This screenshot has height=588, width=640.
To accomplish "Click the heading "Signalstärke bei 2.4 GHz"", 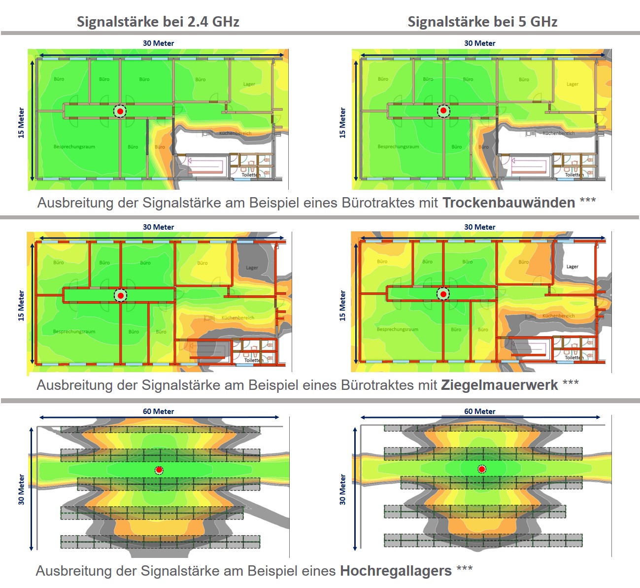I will point(158,22).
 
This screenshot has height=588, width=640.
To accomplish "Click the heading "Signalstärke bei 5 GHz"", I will point(482,22).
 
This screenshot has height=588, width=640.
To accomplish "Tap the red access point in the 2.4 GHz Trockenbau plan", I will point(120,111).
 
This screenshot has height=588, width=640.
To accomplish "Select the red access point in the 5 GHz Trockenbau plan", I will point(443,111).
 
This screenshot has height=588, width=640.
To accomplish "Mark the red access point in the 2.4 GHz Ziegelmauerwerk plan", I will point(120,295).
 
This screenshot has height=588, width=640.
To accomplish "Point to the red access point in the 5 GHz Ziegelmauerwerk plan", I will point(443,294).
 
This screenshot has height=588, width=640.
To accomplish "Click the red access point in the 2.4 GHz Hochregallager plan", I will point(159,470).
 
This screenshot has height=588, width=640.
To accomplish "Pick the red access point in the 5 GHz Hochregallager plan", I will point(482,469).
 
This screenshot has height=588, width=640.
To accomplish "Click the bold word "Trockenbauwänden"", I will point(508,203).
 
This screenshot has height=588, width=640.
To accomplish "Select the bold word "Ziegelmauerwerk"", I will point(499,385).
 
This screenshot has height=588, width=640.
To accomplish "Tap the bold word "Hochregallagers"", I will point(396,571).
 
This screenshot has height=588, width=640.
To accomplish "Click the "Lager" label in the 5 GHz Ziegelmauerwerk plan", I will point(572,267).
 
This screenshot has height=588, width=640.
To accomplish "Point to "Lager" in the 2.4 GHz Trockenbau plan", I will point(249,84).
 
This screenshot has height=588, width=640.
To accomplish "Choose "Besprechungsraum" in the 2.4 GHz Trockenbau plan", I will point(74,147).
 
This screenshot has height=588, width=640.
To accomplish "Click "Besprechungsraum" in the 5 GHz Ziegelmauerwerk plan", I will point(398,329).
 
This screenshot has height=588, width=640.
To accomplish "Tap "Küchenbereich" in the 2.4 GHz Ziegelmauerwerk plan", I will point(238,318).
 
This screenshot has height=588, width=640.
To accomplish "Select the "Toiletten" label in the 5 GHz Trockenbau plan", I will point(574,175).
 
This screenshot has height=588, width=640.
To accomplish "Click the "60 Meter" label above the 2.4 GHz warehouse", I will point(158,412).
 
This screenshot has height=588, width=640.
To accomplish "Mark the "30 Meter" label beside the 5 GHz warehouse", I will point(342,489).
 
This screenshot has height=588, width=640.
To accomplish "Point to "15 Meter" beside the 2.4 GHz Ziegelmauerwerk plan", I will point(21,306).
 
